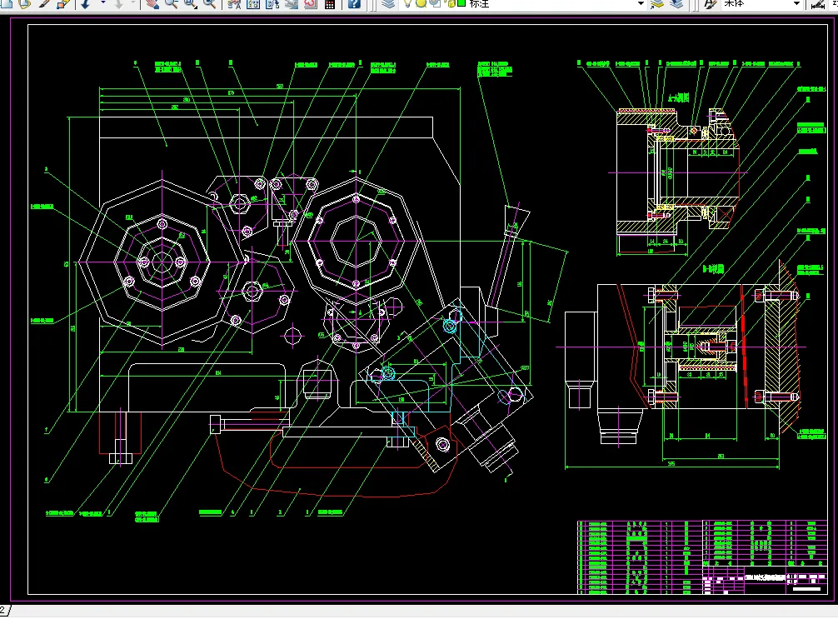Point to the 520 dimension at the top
[x=280, y=86]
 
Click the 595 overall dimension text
[x=671, y=464]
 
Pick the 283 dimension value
[x=720, y=455]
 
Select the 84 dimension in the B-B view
[x=706, y=436]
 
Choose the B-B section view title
[x=713, y=269]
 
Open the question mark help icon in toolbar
[x=355, y=4]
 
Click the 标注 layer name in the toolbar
[x=480, y=4]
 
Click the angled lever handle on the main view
[x=501, y=267]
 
